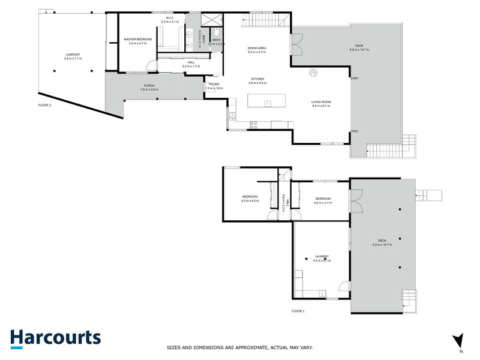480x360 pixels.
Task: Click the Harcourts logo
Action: pos(55,337)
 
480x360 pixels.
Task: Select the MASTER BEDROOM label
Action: pos(138,39)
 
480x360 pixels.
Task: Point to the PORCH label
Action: pos(149,86)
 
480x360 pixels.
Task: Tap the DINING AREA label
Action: pos(257,48)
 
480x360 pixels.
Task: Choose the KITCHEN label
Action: pos(257,79)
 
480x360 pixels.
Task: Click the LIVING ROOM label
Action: pos(321,102)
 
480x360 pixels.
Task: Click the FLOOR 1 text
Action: pos(299,311)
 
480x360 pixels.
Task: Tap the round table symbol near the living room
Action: pos(313,74)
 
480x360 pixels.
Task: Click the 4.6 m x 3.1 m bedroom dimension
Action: pos(322,203)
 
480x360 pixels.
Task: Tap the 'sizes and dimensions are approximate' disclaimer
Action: pos(239,347)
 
